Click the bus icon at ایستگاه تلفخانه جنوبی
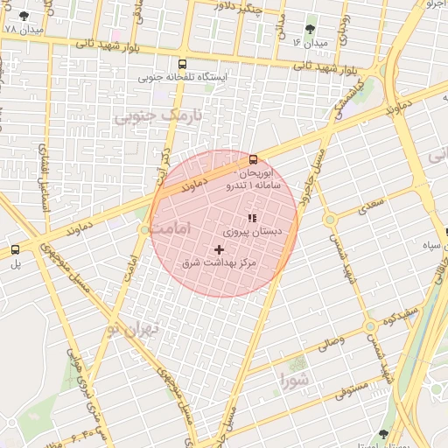(x=182, y=64)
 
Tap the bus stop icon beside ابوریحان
(x=253, y=159)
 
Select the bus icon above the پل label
(x=15, y=249)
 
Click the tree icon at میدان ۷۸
(x=23, y=16)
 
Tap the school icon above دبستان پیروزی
(x=252, y=218)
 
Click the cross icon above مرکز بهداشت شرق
(x=218, y=249)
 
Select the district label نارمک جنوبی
(x=159, y=115)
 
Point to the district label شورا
(x=294, y=381)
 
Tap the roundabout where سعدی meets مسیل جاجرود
(x=329, y=220)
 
